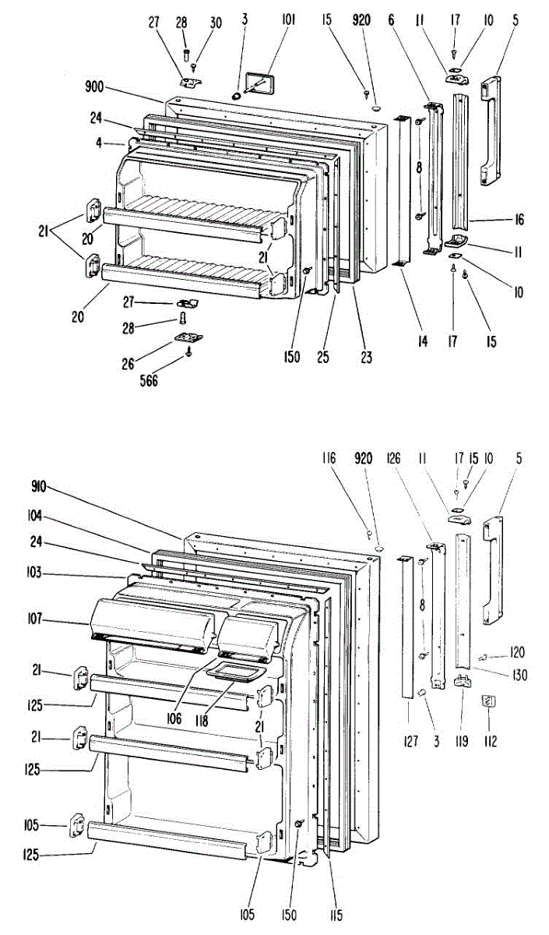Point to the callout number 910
pos(39,487)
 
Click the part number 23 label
pos(365,358)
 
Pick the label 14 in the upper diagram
pos(422,341)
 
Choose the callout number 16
pos(519,221)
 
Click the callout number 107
pos(38,620)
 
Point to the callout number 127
pos(410,742)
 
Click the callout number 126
pos(393,459)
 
